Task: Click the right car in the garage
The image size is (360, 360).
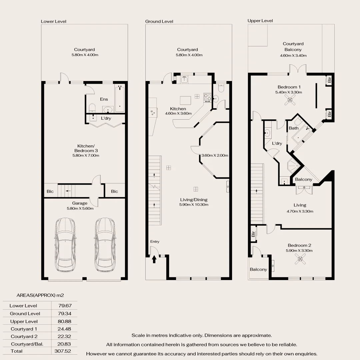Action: point(105,245)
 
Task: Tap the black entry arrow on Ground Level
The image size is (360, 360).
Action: point(154,259)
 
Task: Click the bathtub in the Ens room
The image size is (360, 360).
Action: point(120,99)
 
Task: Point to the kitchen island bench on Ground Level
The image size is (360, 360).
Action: point(186,100)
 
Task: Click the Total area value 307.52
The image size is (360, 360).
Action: point(63,351)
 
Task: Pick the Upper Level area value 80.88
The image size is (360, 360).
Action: point(63,321)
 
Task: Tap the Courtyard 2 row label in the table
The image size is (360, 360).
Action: point(24,336)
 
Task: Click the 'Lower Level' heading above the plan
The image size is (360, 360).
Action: point(53,21)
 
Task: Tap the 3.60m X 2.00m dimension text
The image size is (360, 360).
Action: point(215,155)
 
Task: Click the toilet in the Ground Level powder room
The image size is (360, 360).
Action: point(221,88)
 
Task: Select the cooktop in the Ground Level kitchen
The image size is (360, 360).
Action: point(207,97)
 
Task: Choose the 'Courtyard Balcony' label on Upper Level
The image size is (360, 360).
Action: point(293,47)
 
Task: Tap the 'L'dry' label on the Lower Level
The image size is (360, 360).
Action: point(106,118)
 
